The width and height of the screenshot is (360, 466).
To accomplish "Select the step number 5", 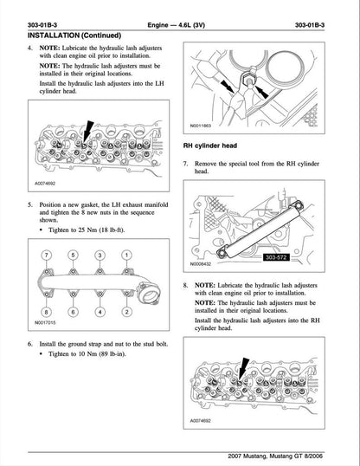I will tap(31, 204).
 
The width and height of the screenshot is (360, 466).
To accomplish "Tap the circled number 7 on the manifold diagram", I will tap(49, 256).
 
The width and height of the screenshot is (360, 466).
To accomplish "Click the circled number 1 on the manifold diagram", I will tap(126, 256).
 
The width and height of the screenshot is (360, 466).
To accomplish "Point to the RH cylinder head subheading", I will tap(213, 146).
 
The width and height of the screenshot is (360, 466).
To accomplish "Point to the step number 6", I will tap(31, 344).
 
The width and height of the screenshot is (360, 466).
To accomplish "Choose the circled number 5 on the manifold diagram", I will tap(74, 256).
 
